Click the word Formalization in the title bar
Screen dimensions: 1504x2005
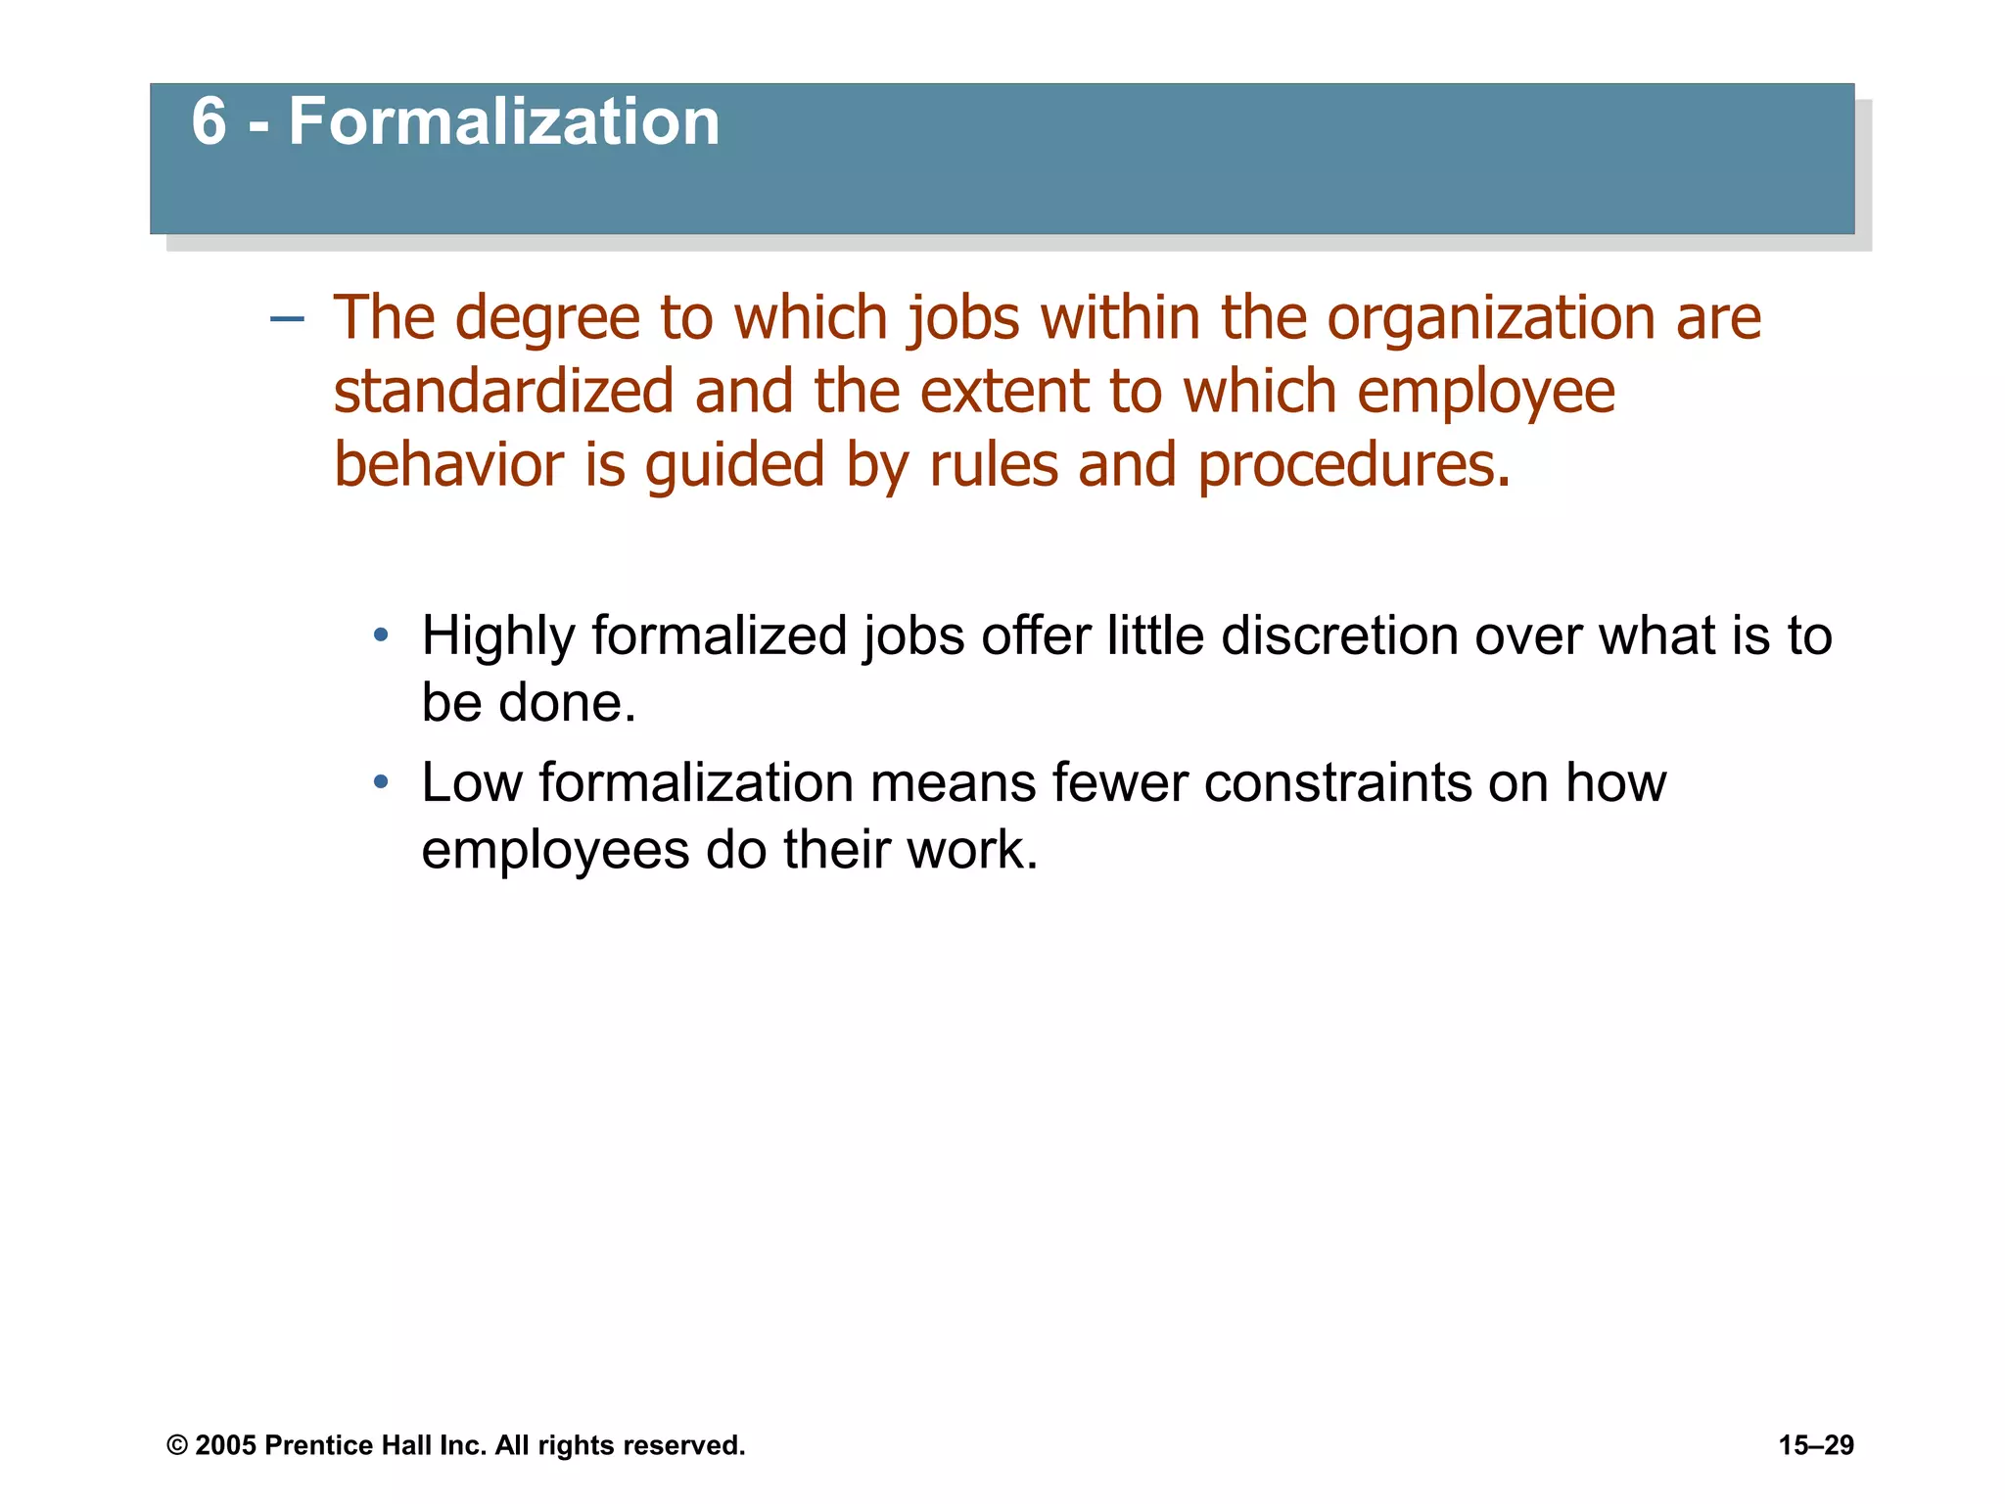[x=504, y=122]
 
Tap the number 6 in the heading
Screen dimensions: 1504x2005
[x=209, y=122]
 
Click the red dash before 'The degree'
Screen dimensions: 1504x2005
[x=287, y=319]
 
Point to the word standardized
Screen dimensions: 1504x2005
[x=503, y=392]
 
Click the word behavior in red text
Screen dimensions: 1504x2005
[x=448, y=464]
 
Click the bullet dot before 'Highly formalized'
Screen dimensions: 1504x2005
[x=381, y=636]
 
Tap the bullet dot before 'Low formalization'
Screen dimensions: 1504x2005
[x=381, y=782]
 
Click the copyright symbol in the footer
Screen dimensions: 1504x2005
[x=177, y=1445]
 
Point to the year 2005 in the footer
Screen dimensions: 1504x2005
[x=225, y=1445]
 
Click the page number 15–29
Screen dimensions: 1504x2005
[x=1816, y=1445]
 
